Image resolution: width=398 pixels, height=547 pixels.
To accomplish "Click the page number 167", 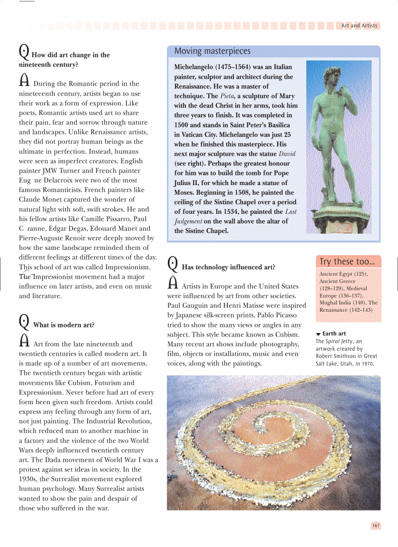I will click(376, 526).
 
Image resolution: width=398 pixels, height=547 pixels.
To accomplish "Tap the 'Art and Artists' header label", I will click(359, 26).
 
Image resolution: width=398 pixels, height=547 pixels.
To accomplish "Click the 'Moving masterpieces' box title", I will click(212, 51).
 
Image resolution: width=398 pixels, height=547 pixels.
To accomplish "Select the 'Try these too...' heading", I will click(348, 262).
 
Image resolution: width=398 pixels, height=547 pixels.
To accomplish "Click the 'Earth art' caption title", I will click(334, 334).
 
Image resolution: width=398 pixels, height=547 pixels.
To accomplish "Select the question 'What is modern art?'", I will click(63, 325).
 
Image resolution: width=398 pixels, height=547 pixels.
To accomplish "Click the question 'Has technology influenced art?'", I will click(228, 267).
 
